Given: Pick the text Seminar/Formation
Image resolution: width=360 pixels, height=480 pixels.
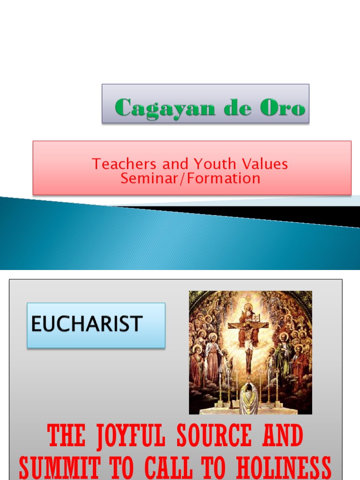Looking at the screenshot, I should [x=190, y=178].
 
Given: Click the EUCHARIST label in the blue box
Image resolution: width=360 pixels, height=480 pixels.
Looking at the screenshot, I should [x=87, y=324].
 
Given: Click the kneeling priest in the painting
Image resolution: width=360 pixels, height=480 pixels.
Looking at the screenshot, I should [x=248, y=398].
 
